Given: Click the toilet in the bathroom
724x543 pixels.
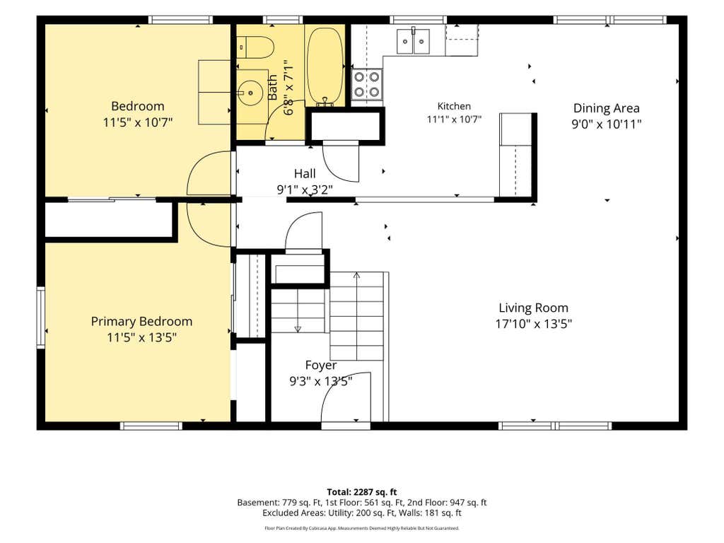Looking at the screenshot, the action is point(255,47).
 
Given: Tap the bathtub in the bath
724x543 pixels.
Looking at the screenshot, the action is point(325,66).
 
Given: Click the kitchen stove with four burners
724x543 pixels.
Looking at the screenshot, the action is point(368,85).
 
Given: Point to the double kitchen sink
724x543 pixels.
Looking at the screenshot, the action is point(413,41).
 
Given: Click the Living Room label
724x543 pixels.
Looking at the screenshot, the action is point(533,308).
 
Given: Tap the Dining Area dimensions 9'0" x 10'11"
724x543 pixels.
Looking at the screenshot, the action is point(607,124).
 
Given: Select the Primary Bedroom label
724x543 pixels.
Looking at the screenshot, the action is point(141,322).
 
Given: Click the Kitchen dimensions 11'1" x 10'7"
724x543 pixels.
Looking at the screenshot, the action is point(454,119).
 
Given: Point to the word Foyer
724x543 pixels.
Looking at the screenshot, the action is point(321,366).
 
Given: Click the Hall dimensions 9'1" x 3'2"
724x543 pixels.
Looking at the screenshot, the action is point(305,189).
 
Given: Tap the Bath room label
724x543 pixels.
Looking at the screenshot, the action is point(272,88).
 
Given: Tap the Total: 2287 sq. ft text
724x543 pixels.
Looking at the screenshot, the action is point(362,492).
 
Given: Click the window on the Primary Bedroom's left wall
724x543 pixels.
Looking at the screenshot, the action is point(40,317).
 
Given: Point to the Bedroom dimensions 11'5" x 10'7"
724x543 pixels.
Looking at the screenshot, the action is point(138,122).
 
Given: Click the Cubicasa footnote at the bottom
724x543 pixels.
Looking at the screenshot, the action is point(362,527).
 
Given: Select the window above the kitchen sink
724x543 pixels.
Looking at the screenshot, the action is point(419,20).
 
